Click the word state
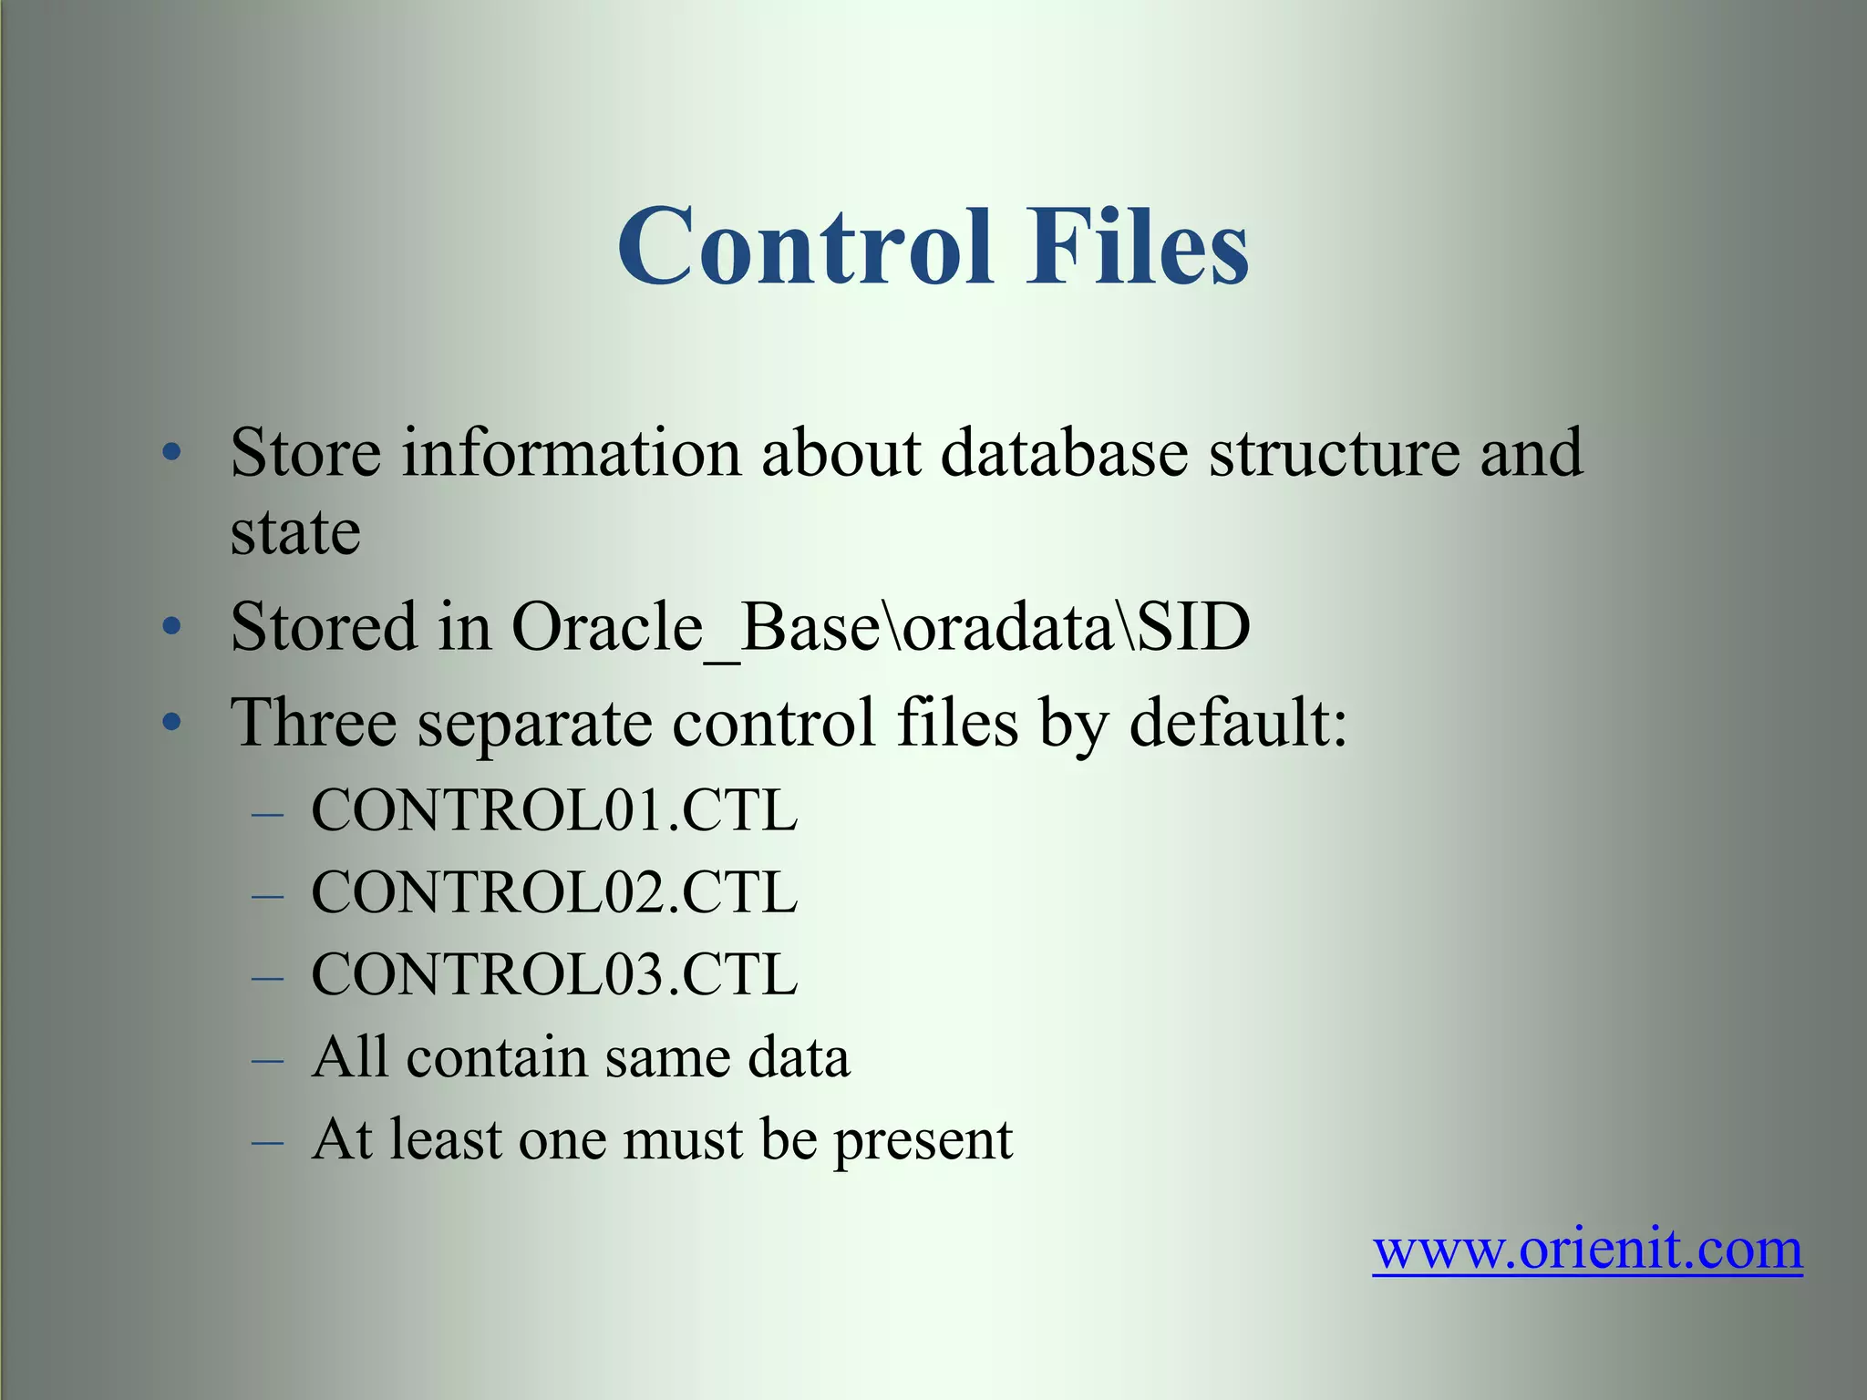tap(295, 532)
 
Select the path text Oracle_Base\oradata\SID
tap(881, 627)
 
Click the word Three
tap(314, 722)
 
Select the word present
tap(923, 1141)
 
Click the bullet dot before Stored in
tap(171, 627)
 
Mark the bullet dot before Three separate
tap(171, 723)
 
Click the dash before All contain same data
tap(268, 1060)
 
